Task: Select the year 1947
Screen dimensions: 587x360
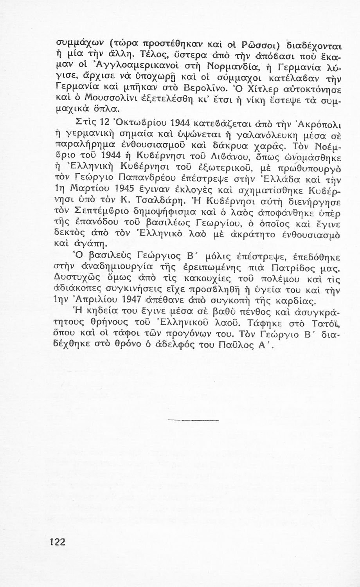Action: pyautogui.click(x=149, y=302)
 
